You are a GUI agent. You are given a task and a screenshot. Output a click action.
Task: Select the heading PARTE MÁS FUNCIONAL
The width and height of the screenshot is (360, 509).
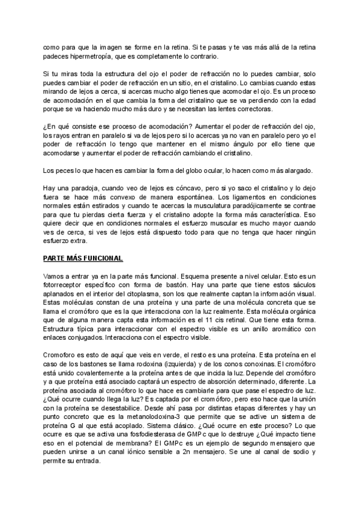(83, 258)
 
